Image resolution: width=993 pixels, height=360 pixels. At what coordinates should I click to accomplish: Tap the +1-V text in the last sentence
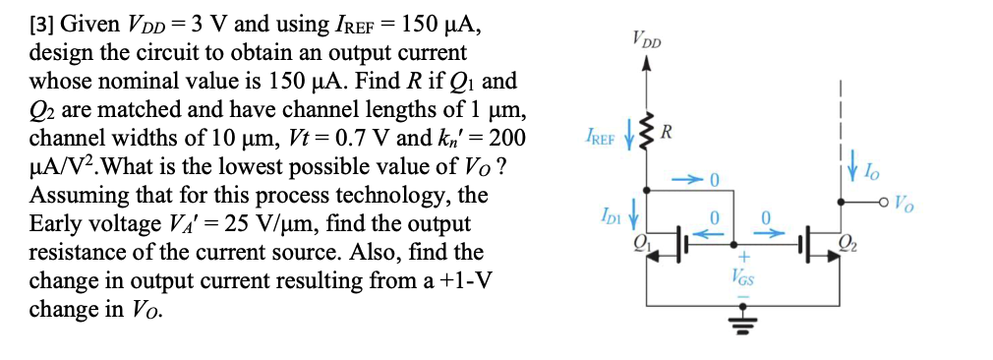pyautogui.click(x=452, y=280)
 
